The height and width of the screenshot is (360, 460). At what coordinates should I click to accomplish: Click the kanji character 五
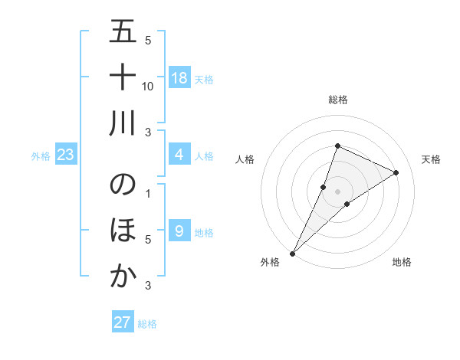pos(124,34)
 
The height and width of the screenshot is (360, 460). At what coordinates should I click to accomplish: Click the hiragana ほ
pos(124,230)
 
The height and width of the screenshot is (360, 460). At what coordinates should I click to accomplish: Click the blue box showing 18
pos(179,78)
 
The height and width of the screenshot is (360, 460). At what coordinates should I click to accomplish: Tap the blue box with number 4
pos(179,155)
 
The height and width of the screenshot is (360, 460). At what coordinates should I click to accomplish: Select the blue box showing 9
pos(179,231)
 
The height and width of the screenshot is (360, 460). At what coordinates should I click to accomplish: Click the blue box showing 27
pos(123,322)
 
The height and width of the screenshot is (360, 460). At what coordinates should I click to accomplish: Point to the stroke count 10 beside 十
pos(149,87)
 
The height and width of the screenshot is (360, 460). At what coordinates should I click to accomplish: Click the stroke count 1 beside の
pos(148,193)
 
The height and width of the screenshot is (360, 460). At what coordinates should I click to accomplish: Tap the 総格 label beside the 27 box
pos(147,324)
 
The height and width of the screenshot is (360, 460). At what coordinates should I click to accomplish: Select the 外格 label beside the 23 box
pos(41,156)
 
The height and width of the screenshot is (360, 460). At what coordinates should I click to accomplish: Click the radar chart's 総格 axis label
pos(338,100)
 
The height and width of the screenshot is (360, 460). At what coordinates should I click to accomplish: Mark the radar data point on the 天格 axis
pos(396,172)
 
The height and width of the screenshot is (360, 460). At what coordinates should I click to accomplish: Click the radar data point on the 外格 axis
pos(292,254)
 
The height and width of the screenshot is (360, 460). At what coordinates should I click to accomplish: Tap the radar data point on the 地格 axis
pos(347,204)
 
